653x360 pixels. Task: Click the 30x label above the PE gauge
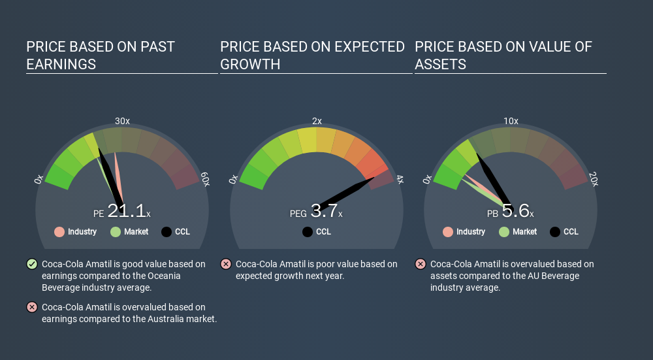[123, 121]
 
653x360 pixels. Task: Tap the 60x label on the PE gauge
[205, 179]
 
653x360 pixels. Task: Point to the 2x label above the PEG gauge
[317, 121]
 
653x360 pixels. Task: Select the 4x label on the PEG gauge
[400, 180]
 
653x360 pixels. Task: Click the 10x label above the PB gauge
[511, 121]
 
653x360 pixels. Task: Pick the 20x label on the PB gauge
[594, 179]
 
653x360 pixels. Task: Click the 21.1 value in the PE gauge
[127, 211]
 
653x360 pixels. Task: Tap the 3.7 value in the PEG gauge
[324, 211]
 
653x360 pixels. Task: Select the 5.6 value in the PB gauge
[516, 211]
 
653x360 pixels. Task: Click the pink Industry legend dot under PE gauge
[59, 232]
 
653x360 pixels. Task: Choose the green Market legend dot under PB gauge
[504, 232]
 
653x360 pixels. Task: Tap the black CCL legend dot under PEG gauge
[308, 232]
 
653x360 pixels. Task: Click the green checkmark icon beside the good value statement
[32, 264]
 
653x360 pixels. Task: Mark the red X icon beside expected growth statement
[226, 264]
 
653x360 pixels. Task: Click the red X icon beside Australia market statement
[32, 308]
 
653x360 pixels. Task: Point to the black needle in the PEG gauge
[345, 195]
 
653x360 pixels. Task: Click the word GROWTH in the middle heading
[250, 65]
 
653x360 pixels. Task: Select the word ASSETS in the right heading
[440, 65]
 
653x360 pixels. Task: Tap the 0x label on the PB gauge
[427, 179]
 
